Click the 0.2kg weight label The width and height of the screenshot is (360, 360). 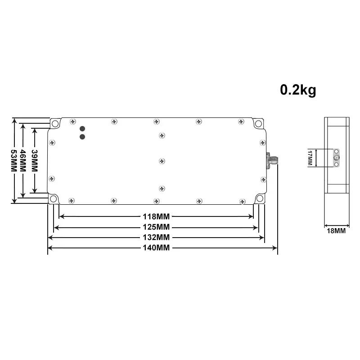298,90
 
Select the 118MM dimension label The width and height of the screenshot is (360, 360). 156,216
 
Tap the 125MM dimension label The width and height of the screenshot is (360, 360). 156,227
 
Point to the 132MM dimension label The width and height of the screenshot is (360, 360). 156,237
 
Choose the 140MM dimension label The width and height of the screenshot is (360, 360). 156,248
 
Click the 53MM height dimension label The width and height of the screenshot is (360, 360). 14,161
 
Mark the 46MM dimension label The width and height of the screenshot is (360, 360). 23,161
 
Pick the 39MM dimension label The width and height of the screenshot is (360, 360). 35,161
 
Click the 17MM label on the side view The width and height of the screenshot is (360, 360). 310,158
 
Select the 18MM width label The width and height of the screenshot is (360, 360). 336,231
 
